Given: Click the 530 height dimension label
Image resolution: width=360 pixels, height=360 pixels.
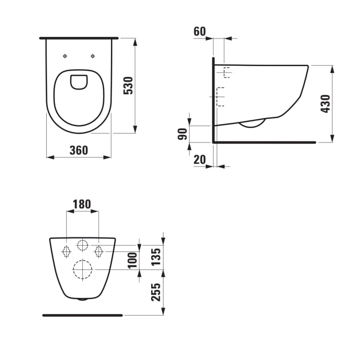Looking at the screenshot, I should tap(129, 85).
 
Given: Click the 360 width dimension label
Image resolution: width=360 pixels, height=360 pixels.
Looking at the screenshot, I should tap(79, 150).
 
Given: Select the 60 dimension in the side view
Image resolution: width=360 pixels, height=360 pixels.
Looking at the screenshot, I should tap(200, 31).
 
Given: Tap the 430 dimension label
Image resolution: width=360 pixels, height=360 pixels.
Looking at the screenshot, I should tap(325, 103).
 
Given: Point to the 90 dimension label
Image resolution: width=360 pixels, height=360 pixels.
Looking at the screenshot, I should tap(182, 134).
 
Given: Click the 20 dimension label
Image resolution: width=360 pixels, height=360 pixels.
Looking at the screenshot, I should tap(200, 160).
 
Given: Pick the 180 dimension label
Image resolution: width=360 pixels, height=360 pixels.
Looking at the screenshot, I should tap(82, 204).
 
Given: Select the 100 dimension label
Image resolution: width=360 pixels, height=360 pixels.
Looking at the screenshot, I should tap(132, 260).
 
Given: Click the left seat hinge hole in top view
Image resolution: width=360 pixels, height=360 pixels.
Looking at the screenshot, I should tap(64, 56).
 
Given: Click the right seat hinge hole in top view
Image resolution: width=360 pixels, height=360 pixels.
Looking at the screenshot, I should tap(93, 56).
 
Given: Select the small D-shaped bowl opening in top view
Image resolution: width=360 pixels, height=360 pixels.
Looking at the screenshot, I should tap(79, 82).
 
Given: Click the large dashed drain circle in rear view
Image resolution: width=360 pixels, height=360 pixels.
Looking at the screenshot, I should tap(82, 269).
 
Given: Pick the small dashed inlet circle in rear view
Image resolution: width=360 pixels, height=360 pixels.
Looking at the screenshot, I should tap(82, 245).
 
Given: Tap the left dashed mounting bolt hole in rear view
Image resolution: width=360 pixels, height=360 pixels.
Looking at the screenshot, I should tap(66, 251).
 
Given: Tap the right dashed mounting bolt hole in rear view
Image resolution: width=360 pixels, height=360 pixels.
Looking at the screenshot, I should tap(99, 251).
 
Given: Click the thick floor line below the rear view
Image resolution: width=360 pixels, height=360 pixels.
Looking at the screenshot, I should tap(82, 315).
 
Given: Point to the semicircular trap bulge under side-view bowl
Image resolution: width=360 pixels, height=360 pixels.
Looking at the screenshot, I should tap(253, 123).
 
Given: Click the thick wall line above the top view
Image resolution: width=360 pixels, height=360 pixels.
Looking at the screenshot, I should tap(79, 38).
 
